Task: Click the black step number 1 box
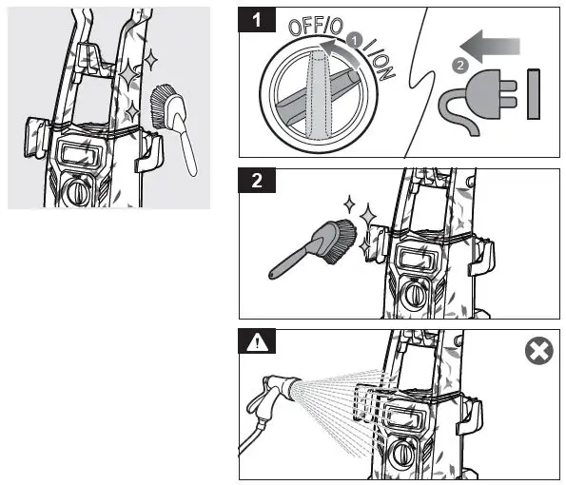[x=257, y=19]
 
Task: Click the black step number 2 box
[x=257, y=180]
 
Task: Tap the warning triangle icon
[x=257, y=341]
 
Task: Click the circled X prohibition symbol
[x=539, y=351]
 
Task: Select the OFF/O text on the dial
[x=316, y=27]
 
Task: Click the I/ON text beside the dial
[x=379, y=60]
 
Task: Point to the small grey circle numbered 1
[x=355, y=40]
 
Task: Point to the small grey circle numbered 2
[x=459, y=66]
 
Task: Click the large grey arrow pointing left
[x=490, y=47]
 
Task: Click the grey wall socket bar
[x=534, y=94]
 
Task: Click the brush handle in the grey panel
[x=185, y=145]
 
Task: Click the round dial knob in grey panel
[x=78, y=191]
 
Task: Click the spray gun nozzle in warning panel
[x=290, y=385]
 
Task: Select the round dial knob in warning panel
[x=401, y=454]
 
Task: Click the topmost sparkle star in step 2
[x=349, y=204]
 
